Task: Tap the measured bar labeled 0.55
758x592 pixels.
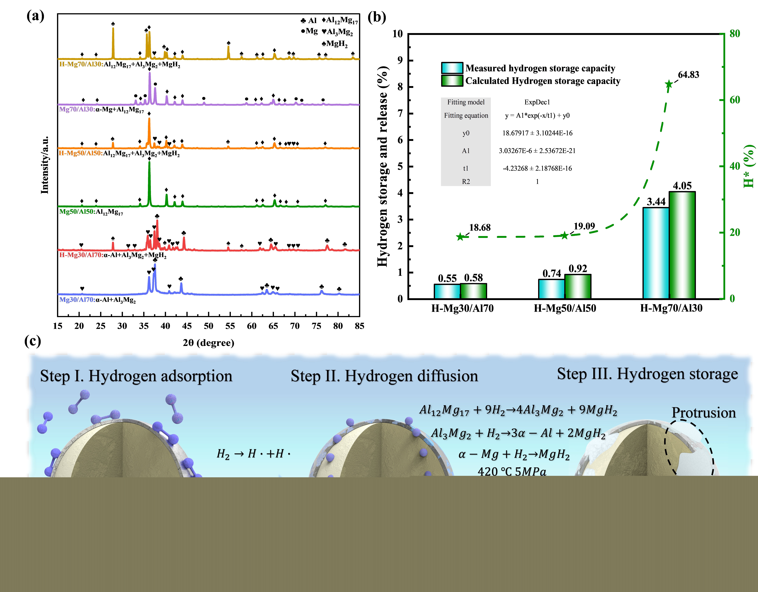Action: (x=447, y=291)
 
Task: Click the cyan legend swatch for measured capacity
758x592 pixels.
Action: (x=452, y=68)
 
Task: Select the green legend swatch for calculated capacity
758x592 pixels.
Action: (x=452, y=81)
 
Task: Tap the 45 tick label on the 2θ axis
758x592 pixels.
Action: (x=187, y=326)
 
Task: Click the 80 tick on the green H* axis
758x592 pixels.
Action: (x=734, y=34)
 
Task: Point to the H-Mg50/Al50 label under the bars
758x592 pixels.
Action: (x=565, y=308)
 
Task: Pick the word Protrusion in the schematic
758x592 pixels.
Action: (x=703, y=413)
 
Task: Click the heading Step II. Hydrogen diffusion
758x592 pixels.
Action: (x=384, y=376)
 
